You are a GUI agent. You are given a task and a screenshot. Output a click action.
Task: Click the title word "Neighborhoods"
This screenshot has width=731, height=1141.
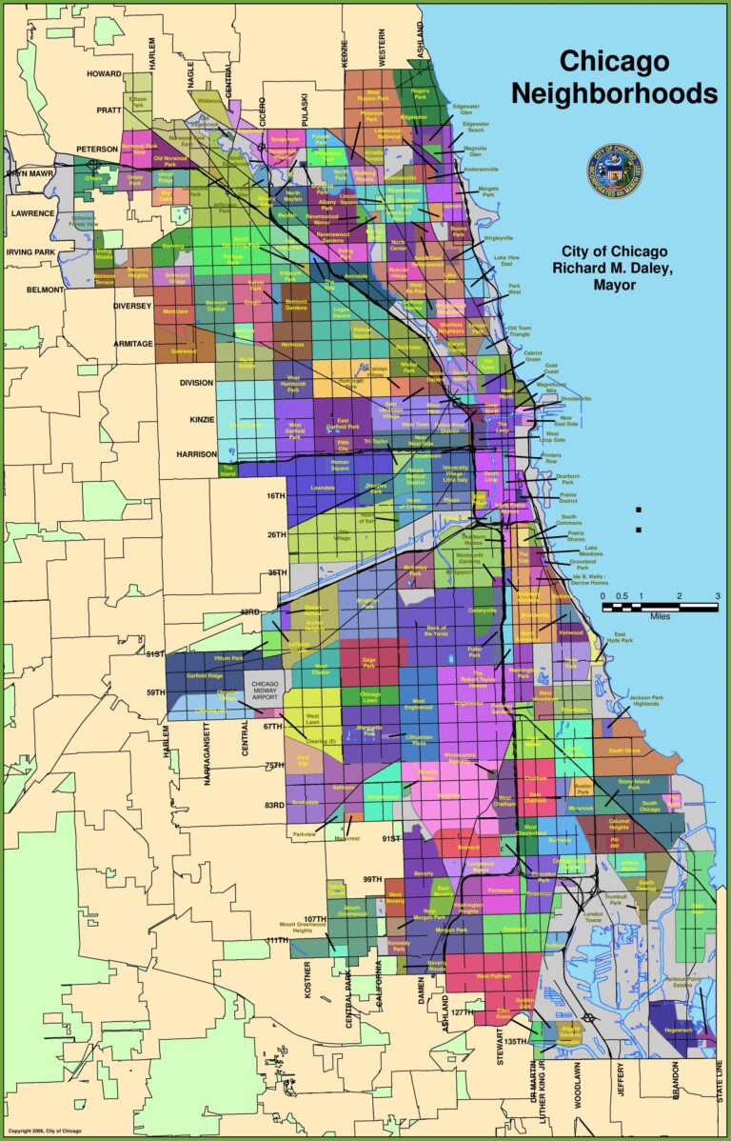pos(614,92)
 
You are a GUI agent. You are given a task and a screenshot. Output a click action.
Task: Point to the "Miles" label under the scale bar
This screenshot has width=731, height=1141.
pos(660,616)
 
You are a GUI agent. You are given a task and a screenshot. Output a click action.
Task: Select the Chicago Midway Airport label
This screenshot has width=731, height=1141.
pos(266,691)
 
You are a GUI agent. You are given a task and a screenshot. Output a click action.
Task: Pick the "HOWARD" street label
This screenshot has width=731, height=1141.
pos(104,73)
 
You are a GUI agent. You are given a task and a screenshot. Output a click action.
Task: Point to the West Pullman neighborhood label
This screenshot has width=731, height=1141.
pos(494,976)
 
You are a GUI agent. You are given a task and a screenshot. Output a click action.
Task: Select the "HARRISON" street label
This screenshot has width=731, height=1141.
pos(197,454)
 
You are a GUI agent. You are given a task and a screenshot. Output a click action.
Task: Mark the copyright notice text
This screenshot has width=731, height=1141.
pos(45,1131)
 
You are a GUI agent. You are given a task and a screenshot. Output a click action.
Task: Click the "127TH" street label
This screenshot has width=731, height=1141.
pos(461,1012)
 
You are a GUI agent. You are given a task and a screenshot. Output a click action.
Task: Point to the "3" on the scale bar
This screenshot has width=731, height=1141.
pos(717,596)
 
